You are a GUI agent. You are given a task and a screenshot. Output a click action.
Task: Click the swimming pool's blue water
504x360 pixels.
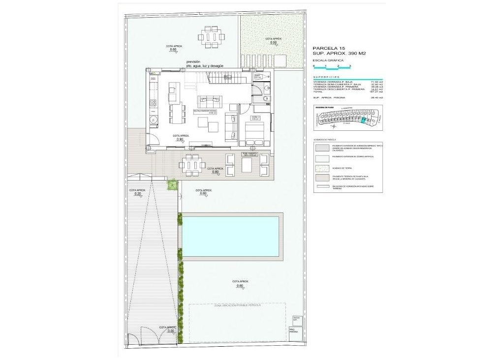click(230, 236)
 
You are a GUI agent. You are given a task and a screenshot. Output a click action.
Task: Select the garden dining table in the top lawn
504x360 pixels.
click(212, 36)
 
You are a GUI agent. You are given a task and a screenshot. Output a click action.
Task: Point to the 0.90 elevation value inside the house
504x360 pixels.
click(180, 140)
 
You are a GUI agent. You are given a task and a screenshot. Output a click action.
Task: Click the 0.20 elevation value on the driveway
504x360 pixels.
click(137, 194)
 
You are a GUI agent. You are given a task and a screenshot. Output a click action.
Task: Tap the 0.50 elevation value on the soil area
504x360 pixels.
click(274, 43)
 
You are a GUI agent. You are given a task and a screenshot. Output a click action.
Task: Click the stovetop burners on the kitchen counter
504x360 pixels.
click(153, 103)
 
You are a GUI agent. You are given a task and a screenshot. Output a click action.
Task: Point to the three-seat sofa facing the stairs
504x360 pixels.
click(210, 102)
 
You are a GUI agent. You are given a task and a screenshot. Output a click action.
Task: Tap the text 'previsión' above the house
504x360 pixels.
click(193, 61)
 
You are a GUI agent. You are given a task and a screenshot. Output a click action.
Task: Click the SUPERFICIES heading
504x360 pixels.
click(326, 77)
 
